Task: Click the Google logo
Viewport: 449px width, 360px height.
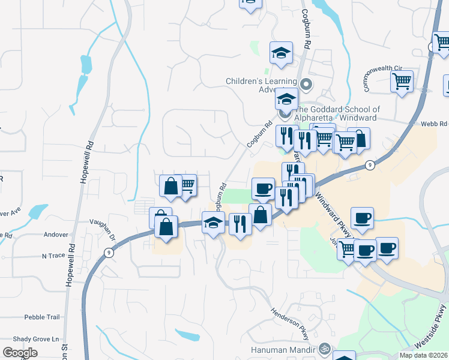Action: click(x=20, y=353)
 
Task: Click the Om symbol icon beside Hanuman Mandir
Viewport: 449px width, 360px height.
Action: click(x=325, y=348)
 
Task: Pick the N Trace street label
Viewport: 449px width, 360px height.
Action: click(x=53, y=256)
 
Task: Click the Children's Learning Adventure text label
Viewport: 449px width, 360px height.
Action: click(x=261, y=85)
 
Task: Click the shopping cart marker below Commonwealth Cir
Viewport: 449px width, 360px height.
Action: click(x=402, y=82)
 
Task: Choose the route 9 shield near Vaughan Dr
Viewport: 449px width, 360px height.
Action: click(x=109, y=252)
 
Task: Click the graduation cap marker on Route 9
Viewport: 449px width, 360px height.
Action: click(x=213, y=223)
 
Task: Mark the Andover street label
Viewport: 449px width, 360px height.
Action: click(x=56, y=235)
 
